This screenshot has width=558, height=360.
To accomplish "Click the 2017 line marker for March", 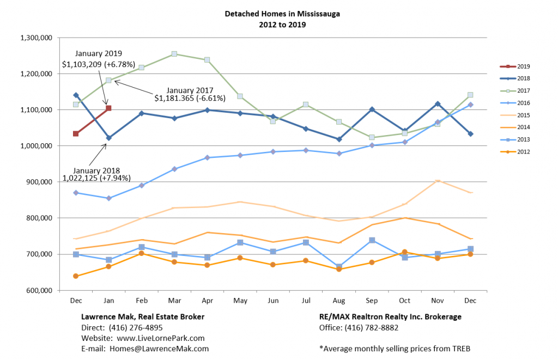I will click(174, 54).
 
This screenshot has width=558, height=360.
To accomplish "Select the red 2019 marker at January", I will click(108, 108).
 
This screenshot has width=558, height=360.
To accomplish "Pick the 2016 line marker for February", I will click(142, 185).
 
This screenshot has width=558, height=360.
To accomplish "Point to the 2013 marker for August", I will click(339, 267).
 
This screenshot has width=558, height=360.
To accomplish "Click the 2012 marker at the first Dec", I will click(76, 276).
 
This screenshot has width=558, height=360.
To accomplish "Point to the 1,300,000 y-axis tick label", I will click(35, 38).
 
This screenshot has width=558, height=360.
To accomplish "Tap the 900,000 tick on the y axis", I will click(38, 182).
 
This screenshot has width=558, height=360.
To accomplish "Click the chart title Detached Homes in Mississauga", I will click(282, 14).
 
